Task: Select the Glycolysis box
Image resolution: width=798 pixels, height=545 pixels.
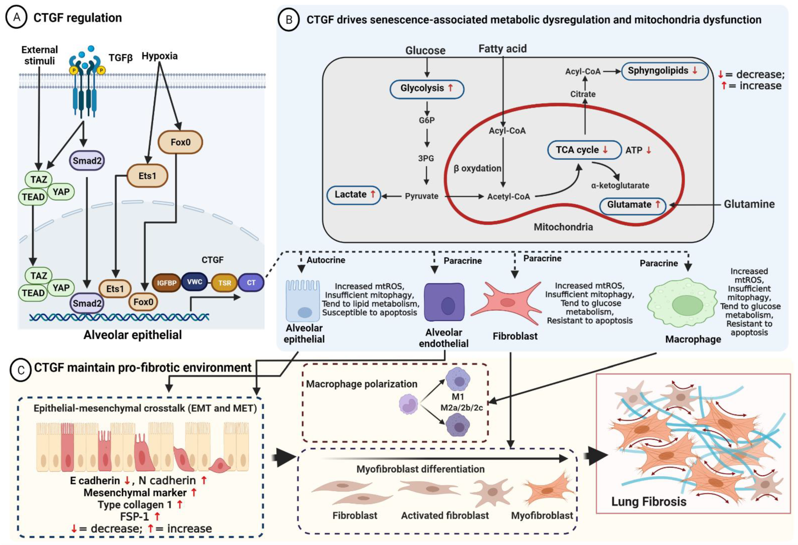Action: click(427, 89)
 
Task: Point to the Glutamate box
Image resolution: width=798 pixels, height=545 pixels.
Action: click(632, 205)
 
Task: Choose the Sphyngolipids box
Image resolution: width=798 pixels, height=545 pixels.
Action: click(664, 71)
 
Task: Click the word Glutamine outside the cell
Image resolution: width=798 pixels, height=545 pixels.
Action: click(749, 204)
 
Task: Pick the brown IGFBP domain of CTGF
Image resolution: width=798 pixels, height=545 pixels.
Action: click(166, 283)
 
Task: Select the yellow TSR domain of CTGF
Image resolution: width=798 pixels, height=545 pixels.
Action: click(225, 283)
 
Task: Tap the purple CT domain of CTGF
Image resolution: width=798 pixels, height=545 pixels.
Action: click(251, 283)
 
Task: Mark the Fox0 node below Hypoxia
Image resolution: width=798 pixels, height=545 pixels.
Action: click(180, 142)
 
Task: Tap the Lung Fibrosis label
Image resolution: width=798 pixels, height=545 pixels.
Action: click(649, 502)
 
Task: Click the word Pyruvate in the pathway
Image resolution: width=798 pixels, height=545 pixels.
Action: click(421, 196)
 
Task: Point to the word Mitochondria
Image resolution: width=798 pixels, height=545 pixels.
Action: click(563, 227)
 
